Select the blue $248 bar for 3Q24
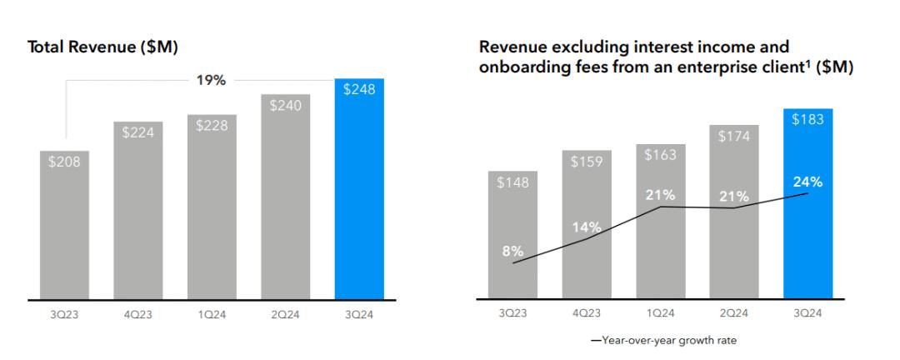coord(359,192)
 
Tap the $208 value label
coord(64,162)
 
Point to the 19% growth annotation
coord(212,81)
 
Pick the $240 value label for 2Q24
coord(286,106)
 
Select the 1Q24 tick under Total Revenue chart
coord(212,316)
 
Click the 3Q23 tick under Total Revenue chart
coord(64,316)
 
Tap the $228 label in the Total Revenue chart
coord(212,126)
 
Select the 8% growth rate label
coord(512,250)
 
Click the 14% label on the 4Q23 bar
coord(586,226)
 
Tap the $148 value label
coord(512,182)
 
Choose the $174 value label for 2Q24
coord(734,136)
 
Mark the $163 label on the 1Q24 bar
coord(660,154)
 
